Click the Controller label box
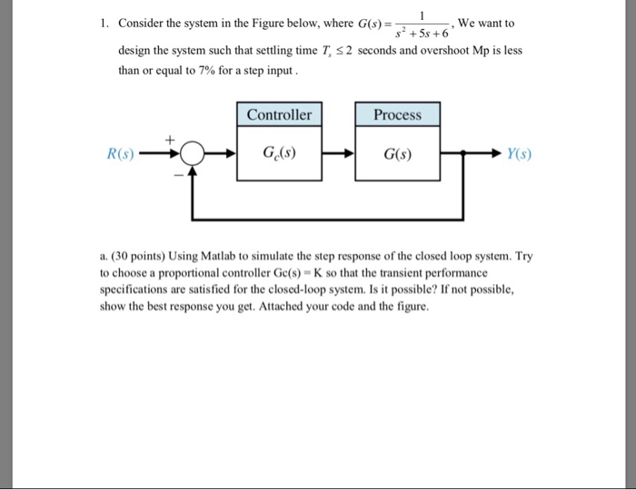[x=280, y=115]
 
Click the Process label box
[x=397, y=115]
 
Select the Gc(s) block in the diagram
[x=280, y=153]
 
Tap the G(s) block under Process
[x=397, y=153]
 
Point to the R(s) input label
[x=120, y=153]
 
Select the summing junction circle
[x=191, y=153]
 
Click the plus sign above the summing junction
[x=167, y=139]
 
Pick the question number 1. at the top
[x=104, y=24]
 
